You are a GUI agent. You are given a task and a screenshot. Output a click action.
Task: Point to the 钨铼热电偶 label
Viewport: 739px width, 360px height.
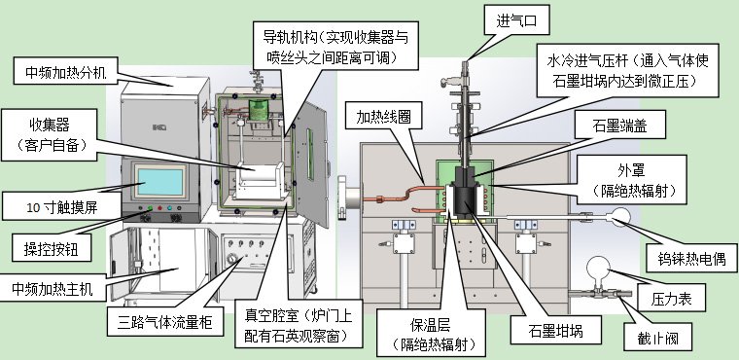click(686, 261)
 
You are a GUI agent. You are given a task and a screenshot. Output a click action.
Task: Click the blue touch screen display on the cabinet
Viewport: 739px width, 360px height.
click(162, 181)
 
